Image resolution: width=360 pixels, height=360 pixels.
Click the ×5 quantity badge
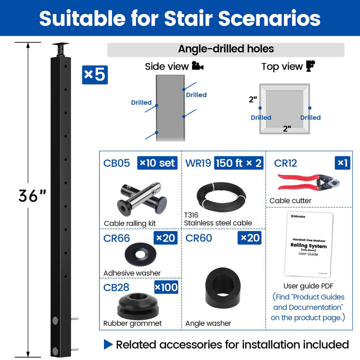pyautogui.click(x=95, y=75)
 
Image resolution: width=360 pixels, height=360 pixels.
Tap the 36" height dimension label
pyautogui.click(x=32, y=195)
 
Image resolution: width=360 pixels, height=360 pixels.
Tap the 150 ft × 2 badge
pyautogui.click(x=239, y=162)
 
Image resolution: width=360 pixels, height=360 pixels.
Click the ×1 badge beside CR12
pyautogui.click(x=343, y=162)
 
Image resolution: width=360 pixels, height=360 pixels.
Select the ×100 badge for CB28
pyautogui.click(x=166, y=287)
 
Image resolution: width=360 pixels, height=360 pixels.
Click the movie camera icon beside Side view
pyautogui.click(x=198, y=67)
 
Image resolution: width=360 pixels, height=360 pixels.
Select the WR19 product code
pyautogui.click(x=198, y=162)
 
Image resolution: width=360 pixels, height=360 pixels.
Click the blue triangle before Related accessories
pyautogui.click(x=108, y=345)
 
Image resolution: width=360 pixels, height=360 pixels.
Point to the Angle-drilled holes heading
pyautogui.click(x=226, y=49)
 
